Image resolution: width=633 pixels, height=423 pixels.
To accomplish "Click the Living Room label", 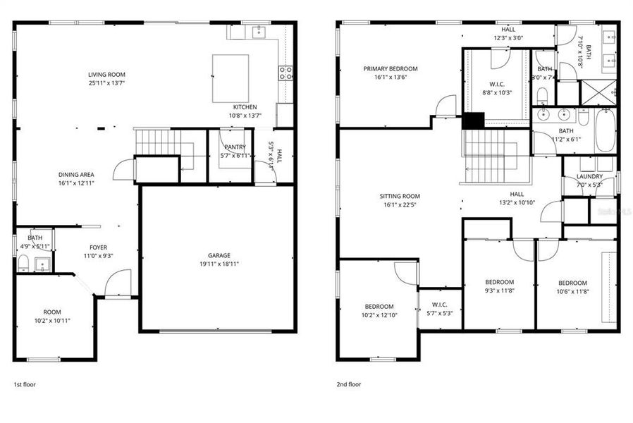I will click(x=106, y=74).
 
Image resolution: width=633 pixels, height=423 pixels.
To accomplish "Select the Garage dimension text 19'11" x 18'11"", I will click(x=219, y=264).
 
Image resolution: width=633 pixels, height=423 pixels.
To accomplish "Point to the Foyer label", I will click(x=98, y=247).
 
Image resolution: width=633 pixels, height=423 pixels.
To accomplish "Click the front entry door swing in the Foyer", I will click(x=117, y=282).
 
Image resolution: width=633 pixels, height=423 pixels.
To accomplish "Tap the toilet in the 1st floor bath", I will click(x=23, y=264).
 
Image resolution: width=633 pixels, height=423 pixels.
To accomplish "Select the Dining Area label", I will click(x=77, y=174).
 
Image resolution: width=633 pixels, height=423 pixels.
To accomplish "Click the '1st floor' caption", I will click(x=25, y=384).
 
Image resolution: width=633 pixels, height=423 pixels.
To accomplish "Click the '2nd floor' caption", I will click(x=350, y=384).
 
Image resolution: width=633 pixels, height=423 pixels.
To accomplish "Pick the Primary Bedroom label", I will click(x=391, y=68).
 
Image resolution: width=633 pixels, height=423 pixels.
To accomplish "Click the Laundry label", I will click(x=589, y=176).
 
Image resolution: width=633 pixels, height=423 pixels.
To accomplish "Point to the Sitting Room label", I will click(x=400, y=197).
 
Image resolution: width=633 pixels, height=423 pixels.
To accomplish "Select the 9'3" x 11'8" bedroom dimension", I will click(x=499, y=290).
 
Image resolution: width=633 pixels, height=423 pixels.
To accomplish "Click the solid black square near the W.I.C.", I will click(x=472, y=121).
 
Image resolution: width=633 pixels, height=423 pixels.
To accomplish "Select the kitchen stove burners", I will click(x=285, y=70).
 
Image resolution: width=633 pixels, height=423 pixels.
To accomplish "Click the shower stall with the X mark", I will click(x=598, y=92).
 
